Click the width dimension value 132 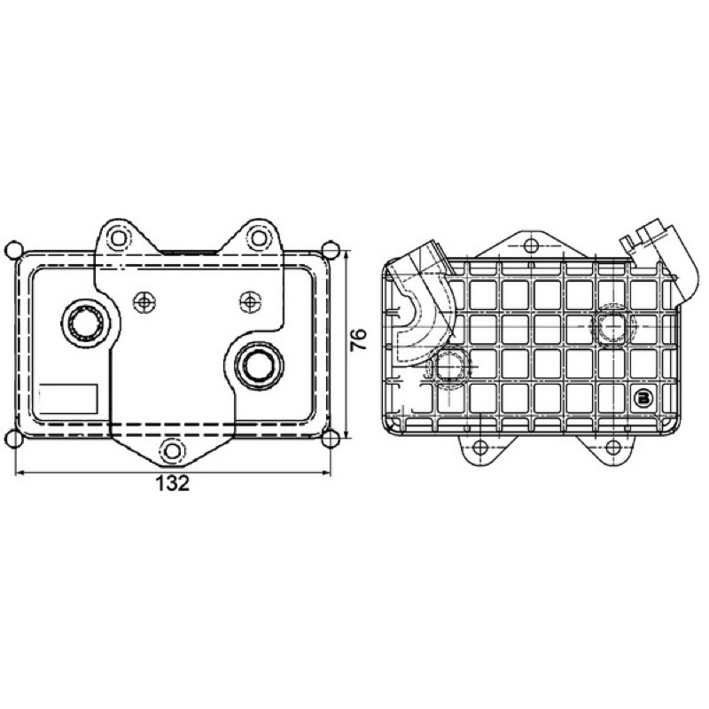[172, 484]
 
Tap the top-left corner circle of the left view [14, 250]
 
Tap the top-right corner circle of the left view [331, 250]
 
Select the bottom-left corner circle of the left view [14, 439]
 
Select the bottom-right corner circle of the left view [331, 439]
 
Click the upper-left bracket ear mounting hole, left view [118, 238]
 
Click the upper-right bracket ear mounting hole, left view [259, 238]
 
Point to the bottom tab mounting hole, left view [173, 451]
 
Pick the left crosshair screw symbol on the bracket [144, 301]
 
